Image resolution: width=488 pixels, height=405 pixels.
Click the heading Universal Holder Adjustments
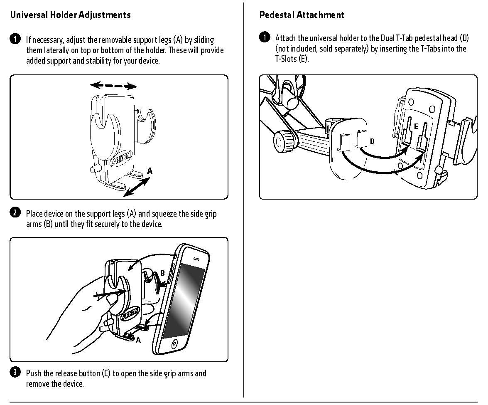70,15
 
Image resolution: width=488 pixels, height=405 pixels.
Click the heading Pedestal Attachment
302,15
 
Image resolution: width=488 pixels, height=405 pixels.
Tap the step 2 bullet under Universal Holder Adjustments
15,212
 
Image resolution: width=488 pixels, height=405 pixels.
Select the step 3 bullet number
15,372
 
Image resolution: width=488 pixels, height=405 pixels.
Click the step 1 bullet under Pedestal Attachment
265,37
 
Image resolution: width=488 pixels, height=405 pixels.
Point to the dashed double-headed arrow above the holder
113,85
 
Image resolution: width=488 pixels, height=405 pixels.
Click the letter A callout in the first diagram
150,171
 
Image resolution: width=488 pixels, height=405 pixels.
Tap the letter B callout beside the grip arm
162,273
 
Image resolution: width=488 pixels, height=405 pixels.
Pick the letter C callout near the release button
101,329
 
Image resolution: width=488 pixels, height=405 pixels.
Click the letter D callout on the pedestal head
372,141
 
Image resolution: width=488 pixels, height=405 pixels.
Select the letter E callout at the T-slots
416,126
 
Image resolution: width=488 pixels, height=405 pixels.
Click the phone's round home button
174,344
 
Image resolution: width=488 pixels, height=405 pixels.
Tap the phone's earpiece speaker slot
196,259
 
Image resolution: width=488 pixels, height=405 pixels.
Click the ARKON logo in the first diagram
121,158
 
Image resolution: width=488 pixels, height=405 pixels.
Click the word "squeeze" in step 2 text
164,214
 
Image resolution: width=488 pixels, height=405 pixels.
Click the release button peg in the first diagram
94,169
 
